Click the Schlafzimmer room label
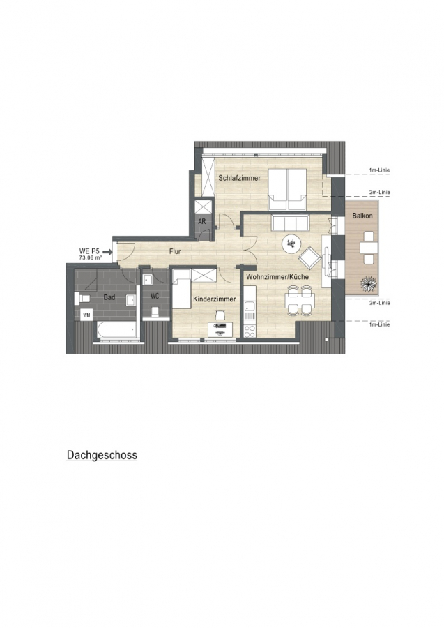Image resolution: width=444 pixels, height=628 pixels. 239,178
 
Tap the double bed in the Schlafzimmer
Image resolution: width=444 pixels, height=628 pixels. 287,189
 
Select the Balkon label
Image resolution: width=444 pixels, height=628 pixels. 362,216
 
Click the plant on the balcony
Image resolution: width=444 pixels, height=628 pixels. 369,283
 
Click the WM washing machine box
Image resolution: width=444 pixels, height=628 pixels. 86,315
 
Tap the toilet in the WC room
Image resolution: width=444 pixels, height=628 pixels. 155,311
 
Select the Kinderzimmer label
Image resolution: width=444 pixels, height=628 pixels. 215,299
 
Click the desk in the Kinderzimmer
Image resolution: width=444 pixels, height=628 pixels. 220,329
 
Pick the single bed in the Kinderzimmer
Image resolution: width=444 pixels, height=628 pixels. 182,289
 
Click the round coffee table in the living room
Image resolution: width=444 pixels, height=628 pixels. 291,242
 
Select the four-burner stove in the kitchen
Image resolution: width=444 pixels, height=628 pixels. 250,331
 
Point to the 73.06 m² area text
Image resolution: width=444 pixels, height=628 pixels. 90,258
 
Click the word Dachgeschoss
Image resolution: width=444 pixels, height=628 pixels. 102,455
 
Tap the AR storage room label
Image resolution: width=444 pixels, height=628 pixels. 202,221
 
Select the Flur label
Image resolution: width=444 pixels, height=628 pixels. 175,251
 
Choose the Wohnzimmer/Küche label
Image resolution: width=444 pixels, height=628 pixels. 277,277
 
